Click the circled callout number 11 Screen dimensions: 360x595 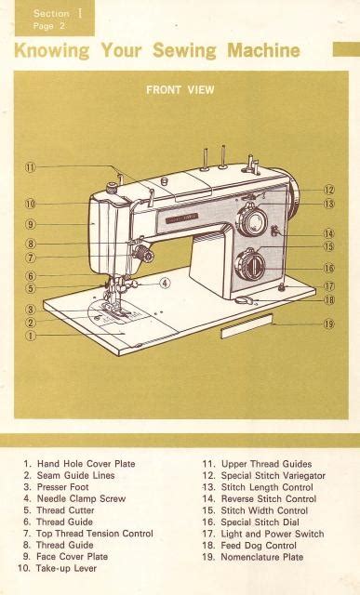[x=31, y=167]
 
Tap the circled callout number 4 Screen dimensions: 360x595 [x=165, y=283]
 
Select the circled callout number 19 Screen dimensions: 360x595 [x=329, y=324]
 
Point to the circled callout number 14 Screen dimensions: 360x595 [x=329, y=233]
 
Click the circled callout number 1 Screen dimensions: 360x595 [x=31, y=336]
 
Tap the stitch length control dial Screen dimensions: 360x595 [x=252, y=222]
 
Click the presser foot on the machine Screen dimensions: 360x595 [x=116, y=310]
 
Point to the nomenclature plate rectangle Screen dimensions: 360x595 [x=247, y=326]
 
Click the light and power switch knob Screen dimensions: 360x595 [x=281, y=287]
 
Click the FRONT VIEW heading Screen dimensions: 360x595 [x=180, y=90]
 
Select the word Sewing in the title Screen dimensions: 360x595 [x=184, y=51]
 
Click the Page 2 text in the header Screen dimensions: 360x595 [x=49, y=26]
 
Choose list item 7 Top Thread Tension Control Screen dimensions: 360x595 [x=88, y=534]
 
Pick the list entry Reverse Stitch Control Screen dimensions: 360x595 [x=260, y=499]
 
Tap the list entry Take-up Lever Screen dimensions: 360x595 [x=57, y=568]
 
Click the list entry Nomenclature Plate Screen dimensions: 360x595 [x=253, y=557]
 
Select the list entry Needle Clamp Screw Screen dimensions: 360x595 [x=74, y=498]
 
